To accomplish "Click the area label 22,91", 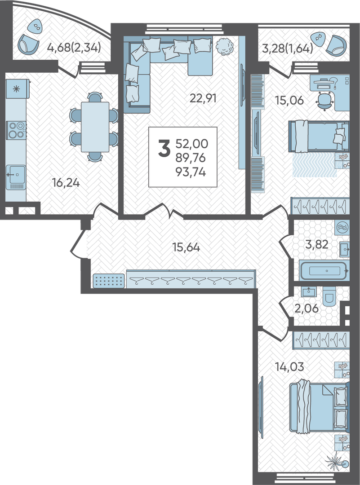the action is click(x=203, y=99).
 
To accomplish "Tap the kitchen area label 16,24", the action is click(x=66, y=183).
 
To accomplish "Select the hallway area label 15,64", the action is click(x=187, y=247).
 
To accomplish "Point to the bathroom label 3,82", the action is click(x=316, y=244).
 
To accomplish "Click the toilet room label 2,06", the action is click(x=306, y=308).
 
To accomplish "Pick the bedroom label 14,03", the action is click(x=289, y=367).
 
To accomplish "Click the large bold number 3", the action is click(x=164, y=149).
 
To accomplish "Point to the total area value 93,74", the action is click(x=191, y=172).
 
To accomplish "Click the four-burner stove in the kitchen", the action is click(x=16, y=130).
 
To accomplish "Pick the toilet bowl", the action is click(x=329, y=296).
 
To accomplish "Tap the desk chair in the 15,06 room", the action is click(x=324, y=101).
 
